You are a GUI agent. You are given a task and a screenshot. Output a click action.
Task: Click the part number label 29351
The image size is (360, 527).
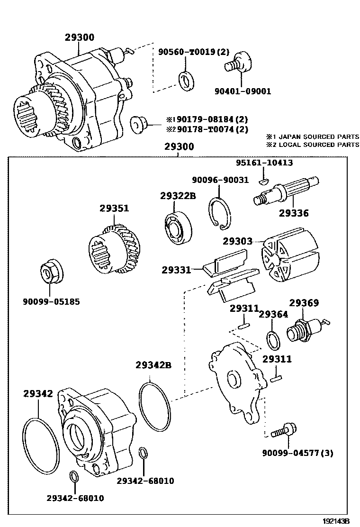tap(114, 208)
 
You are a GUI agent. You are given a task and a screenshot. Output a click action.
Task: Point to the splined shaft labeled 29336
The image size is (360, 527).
tap(287, 191)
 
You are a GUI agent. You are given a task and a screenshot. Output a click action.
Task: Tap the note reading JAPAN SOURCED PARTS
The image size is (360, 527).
tap(318, 136)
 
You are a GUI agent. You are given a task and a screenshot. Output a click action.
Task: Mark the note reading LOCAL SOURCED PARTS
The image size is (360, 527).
tap(318, 144)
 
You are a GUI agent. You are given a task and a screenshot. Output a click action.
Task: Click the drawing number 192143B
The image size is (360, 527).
tap(336, 521)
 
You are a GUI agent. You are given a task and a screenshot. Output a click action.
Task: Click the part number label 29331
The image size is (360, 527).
tap(176, 270)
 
